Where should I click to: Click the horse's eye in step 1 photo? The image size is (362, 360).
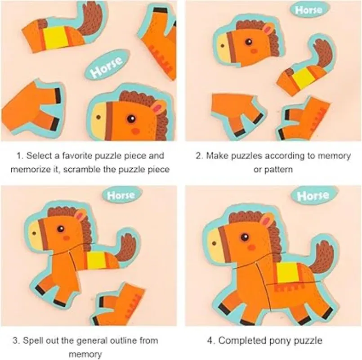tap(131, 119)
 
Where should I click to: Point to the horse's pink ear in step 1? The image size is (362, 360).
tap(157, 108)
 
